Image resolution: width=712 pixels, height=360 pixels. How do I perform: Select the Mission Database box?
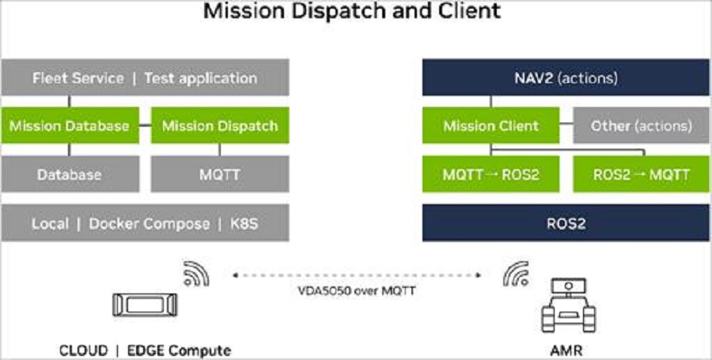click(69, 126)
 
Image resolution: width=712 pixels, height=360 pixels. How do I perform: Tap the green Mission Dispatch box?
click(220, 126)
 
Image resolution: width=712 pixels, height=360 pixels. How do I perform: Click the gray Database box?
click(69, 174)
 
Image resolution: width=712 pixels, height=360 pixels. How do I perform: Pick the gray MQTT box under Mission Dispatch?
click(220, 174)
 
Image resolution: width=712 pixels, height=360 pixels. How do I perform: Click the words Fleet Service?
click(78, 78)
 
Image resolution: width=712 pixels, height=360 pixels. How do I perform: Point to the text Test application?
click(200, 78)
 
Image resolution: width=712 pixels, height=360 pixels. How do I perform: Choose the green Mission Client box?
click(490, 126)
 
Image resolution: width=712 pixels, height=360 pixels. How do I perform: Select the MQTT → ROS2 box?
click(490, 174)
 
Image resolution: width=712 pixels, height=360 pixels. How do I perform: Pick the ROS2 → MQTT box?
click(641, 174)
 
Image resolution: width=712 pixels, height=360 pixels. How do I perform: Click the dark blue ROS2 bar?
click(565, 224)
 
